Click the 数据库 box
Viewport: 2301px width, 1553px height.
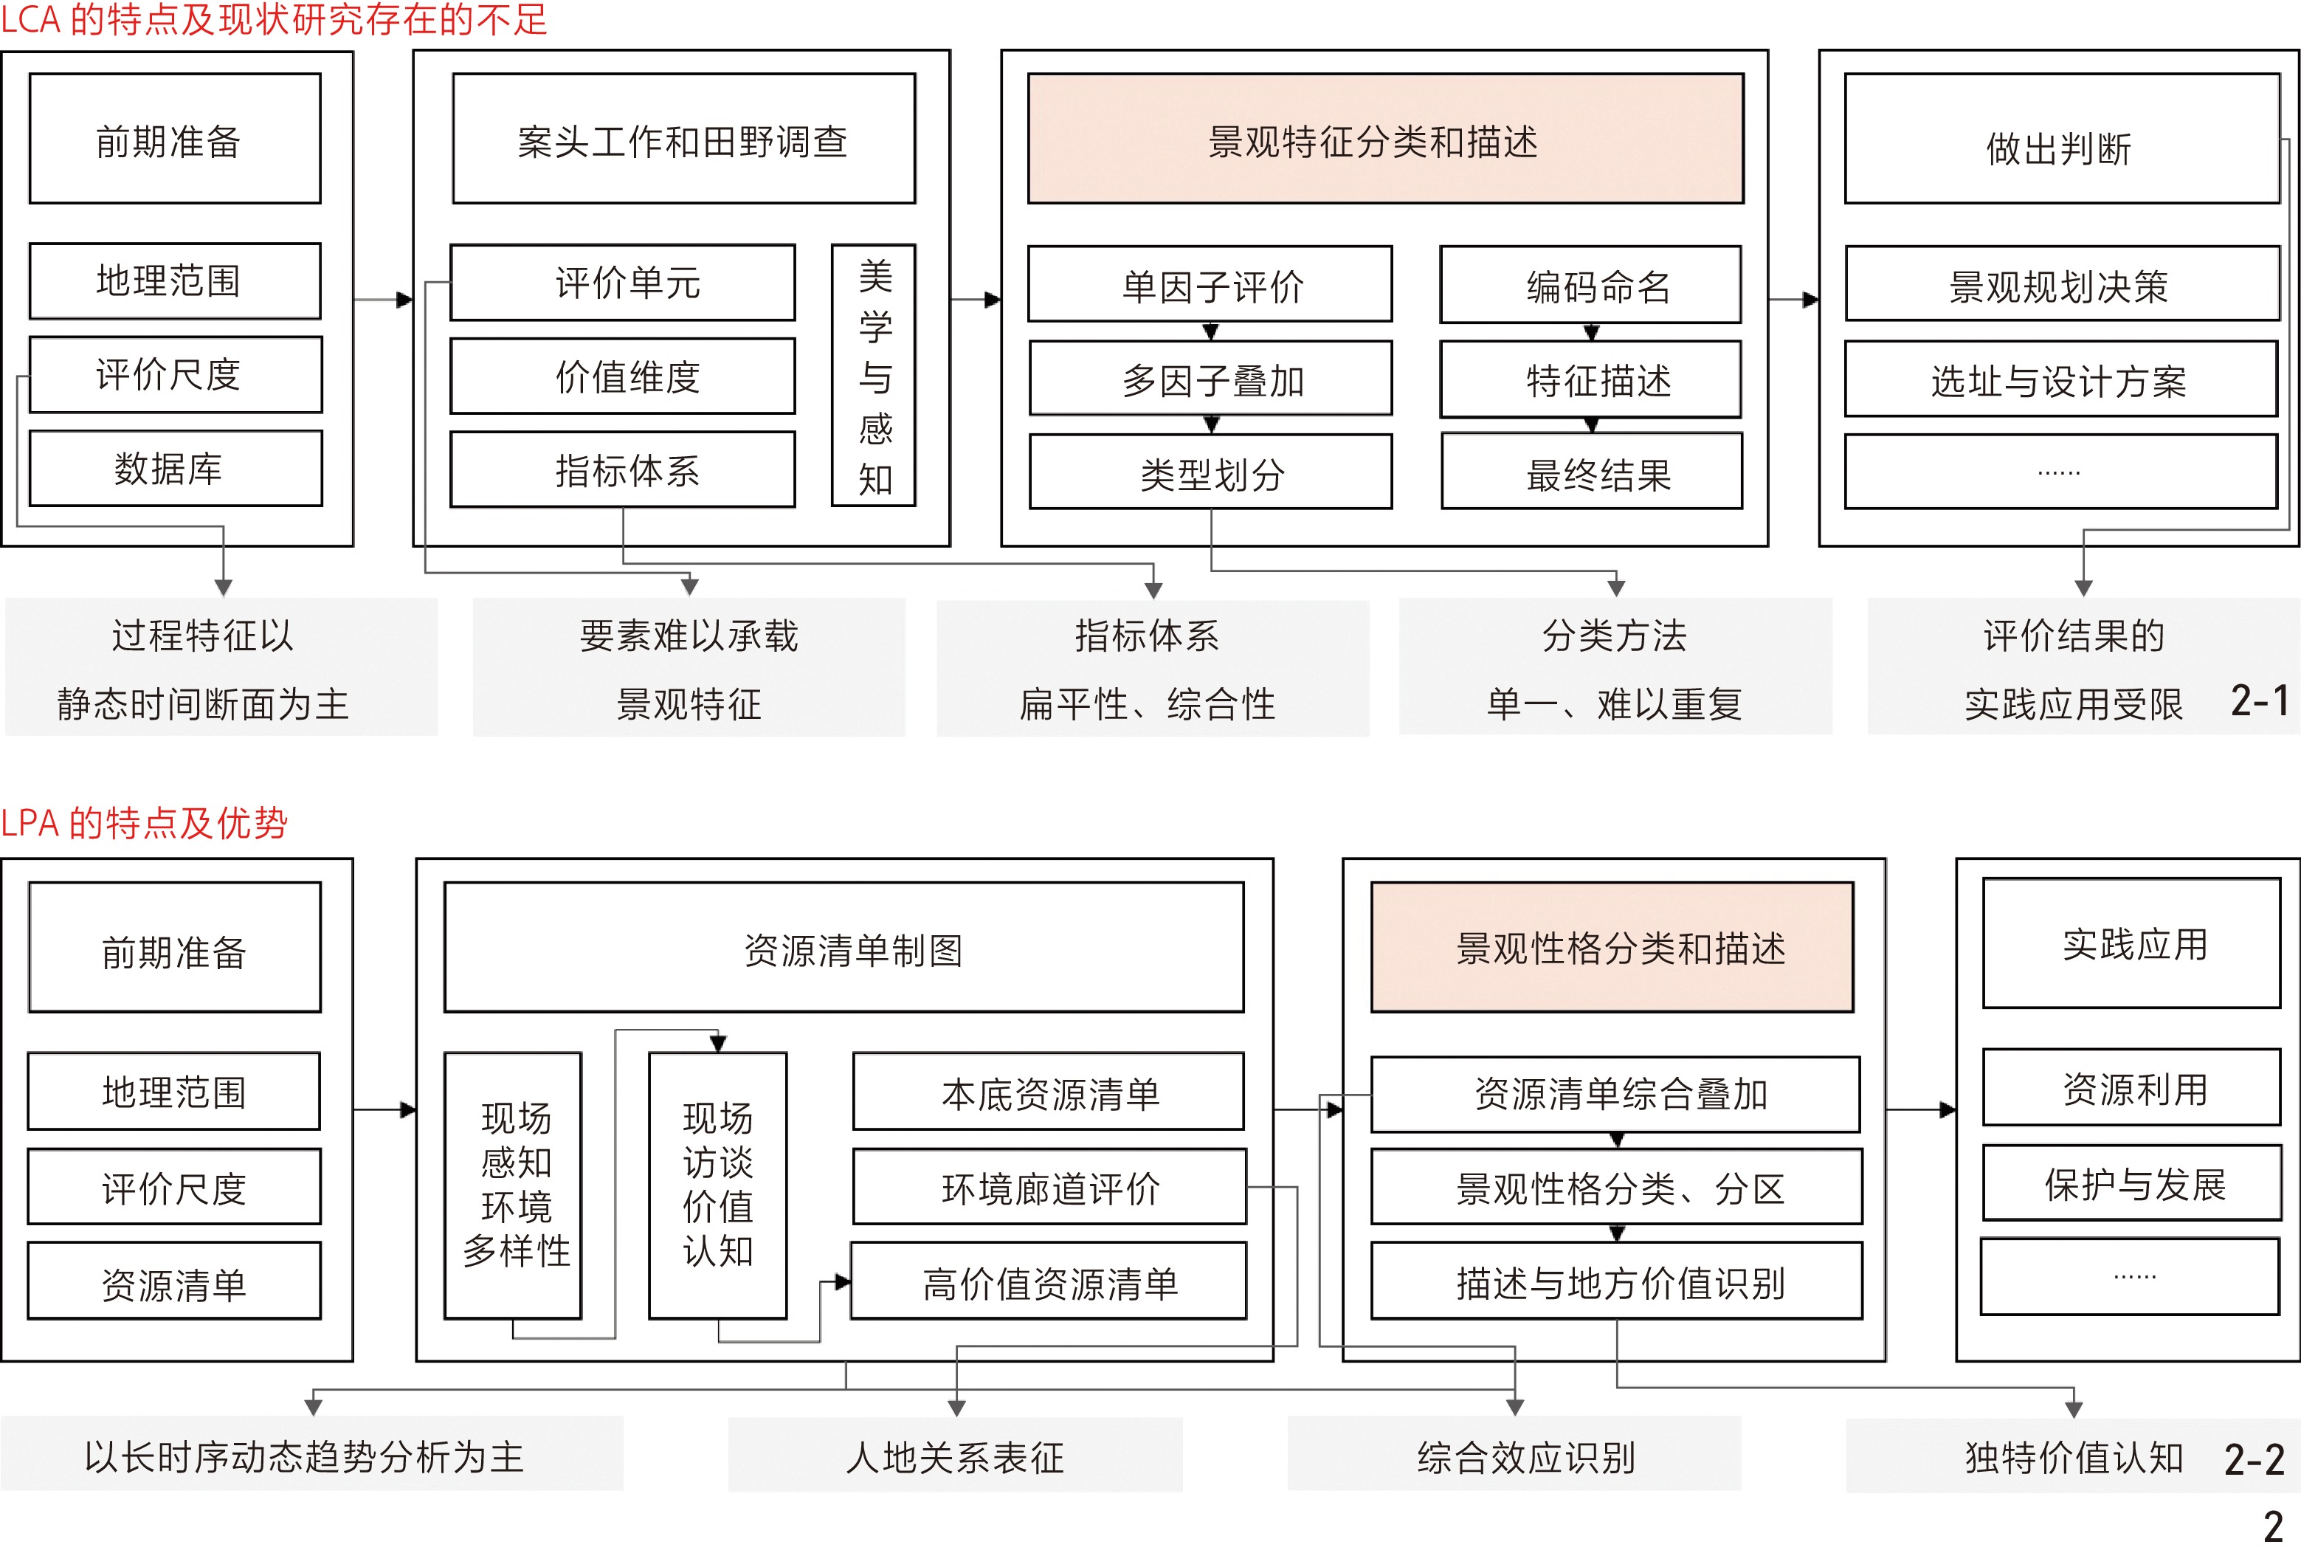[175, 469]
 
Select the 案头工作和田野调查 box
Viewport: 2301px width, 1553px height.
[683, 140]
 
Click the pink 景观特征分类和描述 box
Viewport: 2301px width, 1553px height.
[1385, 140]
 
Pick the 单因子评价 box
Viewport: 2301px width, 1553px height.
[1210, 285]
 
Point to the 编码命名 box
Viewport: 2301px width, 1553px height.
[1590, 285]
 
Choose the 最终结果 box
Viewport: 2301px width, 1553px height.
[1592, 472]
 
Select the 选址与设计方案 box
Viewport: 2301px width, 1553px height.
[2061, 379]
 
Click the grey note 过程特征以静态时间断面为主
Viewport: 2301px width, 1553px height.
[221, 667]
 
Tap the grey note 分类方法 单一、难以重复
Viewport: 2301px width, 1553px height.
[1615, 667]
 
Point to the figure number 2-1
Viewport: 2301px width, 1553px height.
[2260, 701]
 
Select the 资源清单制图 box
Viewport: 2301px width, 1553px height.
[844, 948]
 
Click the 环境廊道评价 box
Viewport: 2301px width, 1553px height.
[1049, 1187]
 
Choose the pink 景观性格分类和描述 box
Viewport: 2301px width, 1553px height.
[1612, 948]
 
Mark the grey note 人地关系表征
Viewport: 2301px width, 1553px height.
[956, 1456]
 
